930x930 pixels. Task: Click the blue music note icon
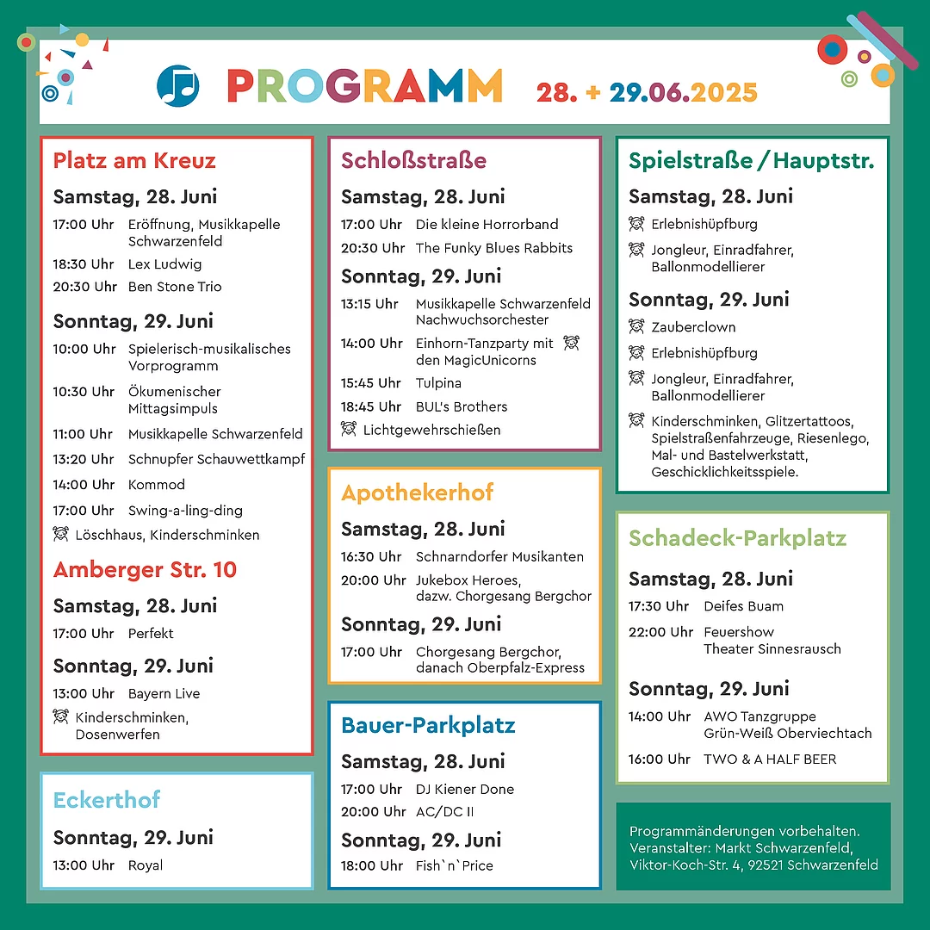click(178, 86)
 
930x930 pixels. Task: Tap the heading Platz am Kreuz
click(134, 161)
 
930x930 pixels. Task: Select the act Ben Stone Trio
click(175, 287)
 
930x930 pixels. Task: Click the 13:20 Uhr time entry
click(84, 459)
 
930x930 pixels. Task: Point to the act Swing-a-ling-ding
click(185, 510)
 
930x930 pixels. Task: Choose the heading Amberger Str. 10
click(145, 570)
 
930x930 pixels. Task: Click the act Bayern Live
click(164, 693)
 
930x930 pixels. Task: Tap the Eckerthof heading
click(107, 800)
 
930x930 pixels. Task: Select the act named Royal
click(146, 865)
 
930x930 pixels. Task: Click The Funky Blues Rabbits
click(494, 248)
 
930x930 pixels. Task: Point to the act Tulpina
click(438, 383)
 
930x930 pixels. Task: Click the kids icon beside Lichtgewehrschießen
click(349, 429)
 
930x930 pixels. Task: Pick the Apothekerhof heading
click(418, 493)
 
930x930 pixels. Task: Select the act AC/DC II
click(445, 811)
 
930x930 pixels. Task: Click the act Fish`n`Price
click(455, 865)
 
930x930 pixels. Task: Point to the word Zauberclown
click(693, 327)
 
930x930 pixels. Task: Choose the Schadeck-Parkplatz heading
click(738, 539)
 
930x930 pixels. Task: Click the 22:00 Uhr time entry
click(660, 632)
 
